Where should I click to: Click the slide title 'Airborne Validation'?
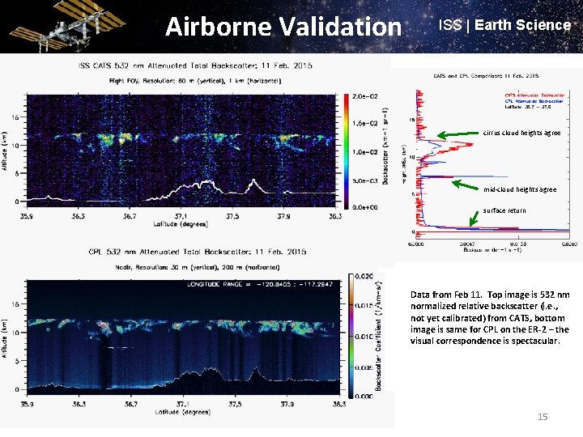(283, 27)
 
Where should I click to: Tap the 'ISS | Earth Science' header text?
(504, 25)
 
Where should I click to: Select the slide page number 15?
(543, 416)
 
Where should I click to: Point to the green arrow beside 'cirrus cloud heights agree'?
(458, 133)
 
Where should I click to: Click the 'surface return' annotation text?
(504, 210)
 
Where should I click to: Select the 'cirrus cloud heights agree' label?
(521, 133)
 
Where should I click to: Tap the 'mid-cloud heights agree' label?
(520, 189)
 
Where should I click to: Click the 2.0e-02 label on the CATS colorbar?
(364, 95)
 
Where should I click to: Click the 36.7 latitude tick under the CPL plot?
(130, 403)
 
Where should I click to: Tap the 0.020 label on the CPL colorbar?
(366, 278)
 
